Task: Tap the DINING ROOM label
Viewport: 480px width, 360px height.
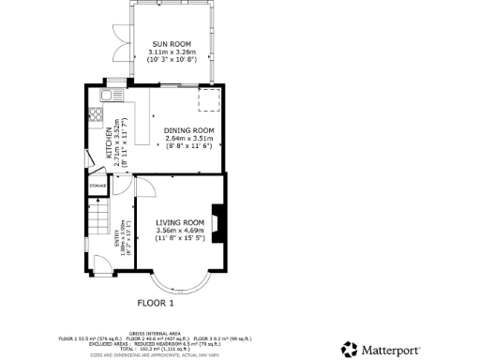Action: (x=189, y=129)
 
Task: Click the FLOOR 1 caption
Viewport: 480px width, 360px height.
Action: (x=157, y=303)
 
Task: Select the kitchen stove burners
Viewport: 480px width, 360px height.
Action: (x=96, y=115)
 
